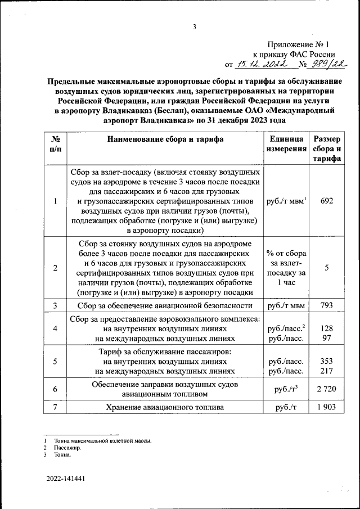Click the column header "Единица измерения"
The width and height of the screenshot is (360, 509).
[286, 145]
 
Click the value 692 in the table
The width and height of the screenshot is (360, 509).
[327, 201]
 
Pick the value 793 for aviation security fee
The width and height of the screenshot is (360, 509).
[327, 306]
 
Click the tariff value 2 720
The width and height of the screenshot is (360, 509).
[327, 389]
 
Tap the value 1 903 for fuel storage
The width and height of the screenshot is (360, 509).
[327, 407]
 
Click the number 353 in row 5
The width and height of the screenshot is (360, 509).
[327, 361]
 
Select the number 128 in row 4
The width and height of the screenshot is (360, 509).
[327, 328]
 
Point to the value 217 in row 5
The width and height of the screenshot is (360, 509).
[327, 371]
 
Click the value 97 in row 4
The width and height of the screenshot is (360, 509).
[327, 339]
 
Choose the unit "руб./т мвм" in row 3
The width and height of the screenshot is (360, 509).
[286, 306]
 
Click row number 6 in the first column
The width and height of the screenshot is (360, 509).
[55, 389]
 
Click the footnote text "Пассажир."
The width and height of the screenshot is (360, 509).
[67, 448]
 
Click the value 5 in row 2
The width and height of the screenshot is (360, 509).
[327, 268]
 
